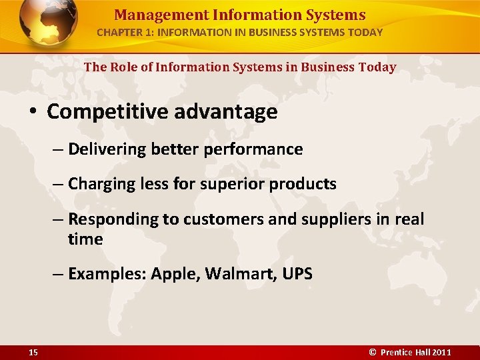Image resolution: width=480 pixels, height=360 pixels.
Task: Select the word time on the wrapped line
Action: coord(85,239)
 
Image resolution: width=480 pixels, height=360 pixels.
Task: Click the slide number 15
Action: coord(33,352)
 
